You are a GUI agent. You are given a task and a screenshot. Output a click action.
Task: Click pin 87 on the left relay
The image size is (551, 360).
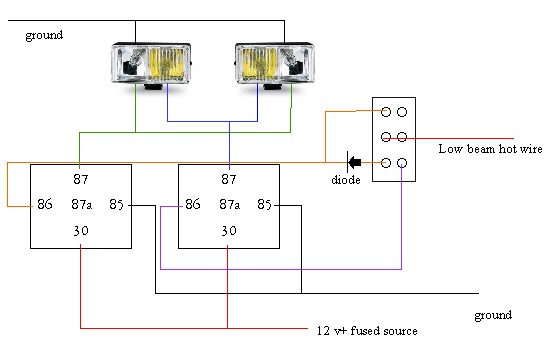point(81,180)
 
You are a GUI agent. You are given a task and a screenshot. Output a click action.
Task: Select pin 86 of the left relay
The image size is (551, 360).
point(44,205)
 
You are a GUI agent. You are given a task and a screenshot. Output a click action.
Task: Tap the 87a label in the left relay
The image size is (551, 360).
point(82,205)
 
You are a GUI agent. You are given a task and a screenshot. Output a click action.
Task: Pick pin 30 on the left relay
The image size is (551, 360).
point(81,231)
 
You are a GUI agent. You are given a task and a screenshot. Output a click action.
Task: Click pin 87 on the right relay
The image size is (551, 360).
point(229,180)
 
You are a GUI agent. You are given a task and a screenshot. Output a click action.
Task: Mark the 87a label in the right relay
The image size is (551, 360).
point(230,205)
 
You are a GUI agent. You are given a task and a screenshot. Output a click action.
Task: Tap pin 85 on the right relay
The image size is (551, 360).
point(265,205)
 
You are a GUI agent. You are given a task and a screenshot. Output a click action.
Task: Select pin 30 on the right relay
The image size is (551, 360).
point(229,231)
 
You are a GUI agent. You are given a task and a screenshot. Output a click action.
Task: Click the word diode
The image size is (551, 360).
point(346,181)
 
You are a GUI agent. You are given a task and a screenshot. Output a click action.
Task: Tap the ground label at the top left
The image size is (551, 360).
point(44,35)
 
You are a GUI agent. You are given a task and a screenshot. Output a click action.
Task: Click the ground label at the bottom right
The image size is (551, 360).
point(493,315)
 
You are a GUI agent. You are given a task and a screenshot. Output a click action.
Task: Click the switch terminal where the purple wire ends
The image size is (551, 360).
point(402,162)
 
